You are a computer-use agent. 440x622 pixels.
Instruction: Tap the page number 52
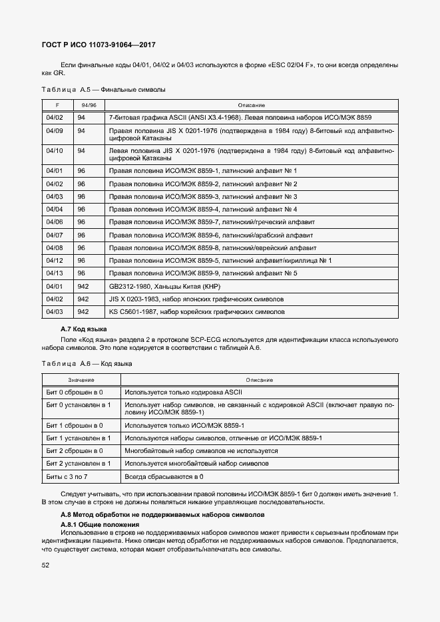[x=46, y=565]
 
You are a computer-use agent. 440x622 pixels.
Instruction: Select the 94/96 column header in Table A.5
[x=89, y=105]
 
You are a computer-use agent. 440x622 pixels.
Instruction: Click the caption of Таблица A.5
[x=103, y=89]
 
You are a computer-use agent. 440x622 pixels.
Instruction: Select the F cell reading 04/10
[x=55, y=150]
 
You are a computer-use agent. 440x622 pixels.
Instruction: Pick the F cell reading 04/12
[x=55, y=260]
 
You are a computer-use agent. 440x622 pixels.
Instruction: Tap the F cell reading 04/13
[x=55, y=273]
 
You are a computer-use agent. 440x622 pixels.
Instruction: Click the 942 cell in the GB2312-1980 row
[x=83, y=285]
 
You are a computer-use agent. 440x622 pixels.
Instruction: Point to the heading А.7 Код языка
[x=83, y=329]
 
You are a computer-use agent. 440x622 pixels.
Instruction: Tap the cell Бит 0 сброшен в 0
[x=74, y=392]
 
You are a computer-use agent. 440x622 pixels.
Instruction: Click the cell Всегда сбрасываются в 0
[x=164, y=476]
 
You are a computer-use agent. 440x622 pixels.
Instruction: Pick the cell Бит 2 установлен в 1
[x=78, y=463]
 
